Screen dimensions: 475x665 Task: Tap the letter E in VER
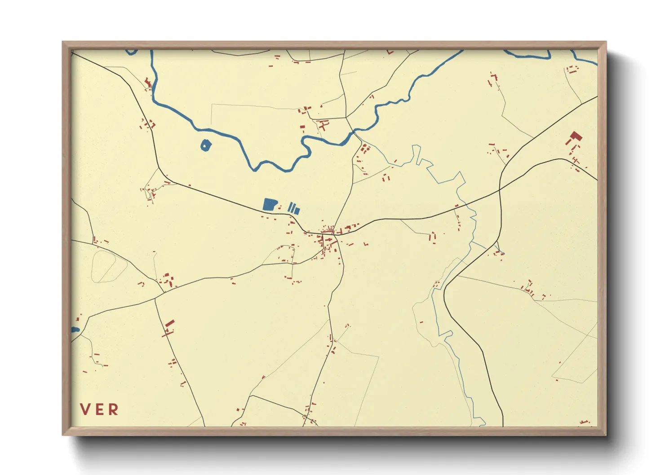(99, 409)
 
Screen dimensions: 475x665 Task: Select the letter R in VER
(113, 409)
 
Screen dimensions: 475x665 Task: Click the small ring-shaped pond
(205, 145)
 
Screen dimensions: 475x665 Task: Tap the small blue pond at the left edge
(75, 330)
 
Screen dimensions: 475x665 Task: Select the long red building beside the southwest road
(169, 325)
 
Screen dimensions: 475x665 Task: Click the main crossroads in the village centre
(333, 234)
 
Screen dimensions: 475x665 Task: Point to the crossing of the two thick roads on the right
(500, 190)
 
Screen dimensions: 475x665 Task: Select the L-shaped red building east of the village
(366, 244)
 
